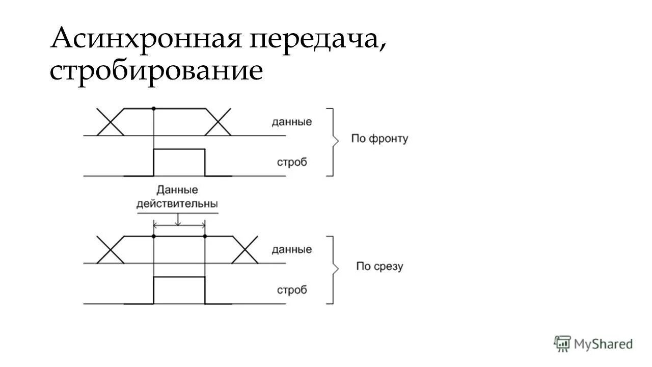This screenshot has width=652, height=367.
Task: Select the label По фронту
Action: [379, 139]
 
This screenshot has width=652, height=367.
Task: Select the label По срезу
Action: [379, 267]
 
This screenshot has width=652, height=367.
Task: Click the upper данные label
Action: [291, 122]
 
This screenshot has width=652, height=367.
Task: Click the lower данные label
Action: [291, 250]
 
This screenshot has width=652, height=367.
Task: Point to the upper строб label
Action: [292, 163]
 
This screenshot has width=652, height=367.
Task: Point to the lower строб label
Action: [292, 291]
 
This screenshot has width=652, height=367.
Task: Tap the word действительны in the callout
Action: [177, 204]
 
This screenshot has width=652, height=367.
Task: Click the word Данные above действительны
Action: [177, 191]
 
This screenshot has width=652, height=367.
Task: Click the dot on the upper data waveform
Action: [153, 109]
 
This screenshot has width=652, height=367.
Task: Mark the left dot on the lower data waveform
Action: [153, 237]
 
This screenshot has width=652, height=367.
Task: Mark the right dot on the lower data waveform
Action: [205, 237]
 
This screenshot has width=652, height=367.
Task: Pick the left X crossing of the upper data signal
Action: [111, 122]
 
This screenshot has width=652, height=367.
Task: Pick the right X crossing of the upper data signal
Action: [218, 122]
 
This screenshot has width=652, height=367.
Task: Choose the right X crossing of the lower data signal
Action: [245, 250]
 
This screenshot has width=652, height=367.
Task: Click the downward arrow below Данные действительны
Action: [177, 220]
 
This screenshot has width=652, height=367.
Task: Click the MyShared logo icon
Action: [562, 344]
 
